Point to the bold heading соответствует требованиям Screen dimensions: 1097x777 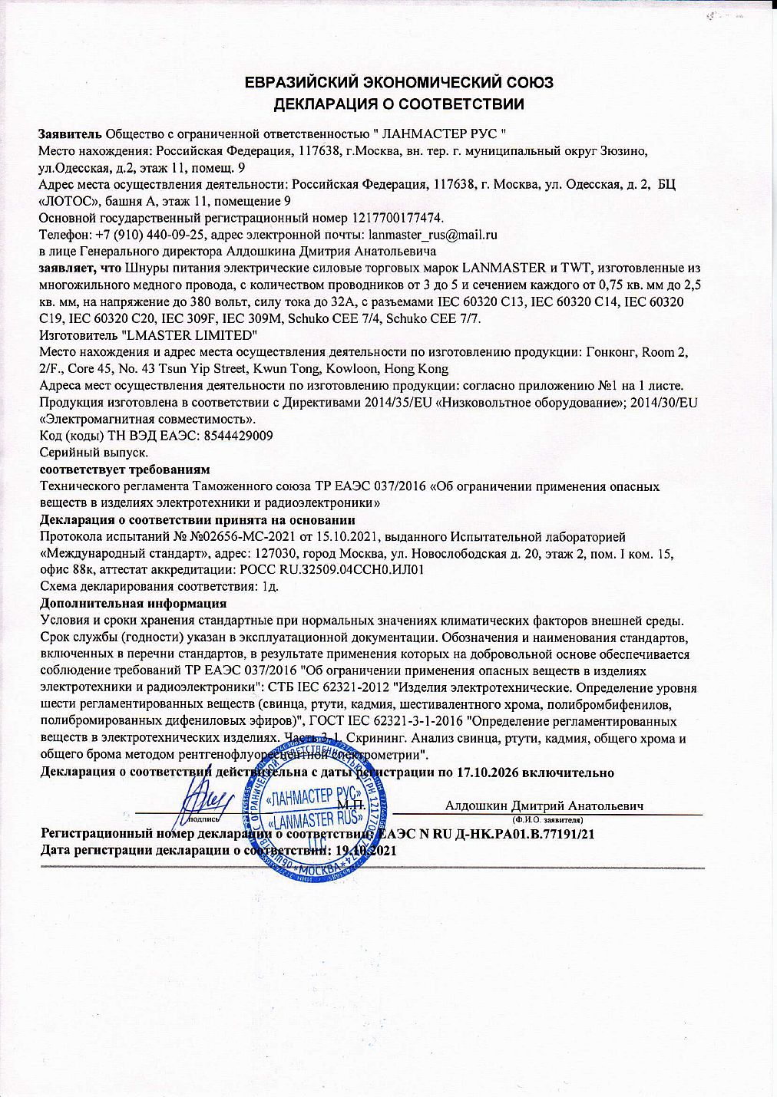pos(124,469)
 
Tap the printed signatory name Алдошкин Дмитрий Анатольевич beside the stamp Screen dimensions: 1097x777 pos(544,805)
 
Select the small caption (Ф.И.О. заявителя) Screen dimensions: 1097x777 pos(550,820)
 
